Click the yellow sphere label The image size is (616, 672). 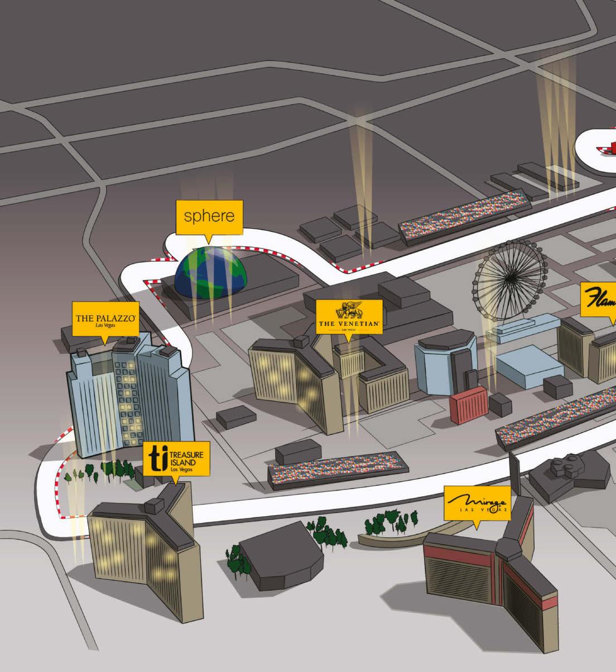(x=209, y=217)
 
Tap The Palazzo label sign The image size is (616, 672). (x=106, y=319)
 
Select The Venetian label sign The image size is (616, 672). (x=349, y=317)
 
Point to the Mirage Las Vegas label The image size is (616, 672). (x=477, y=503)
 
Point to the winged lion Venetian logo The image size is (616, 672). (x=349, y=310)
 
